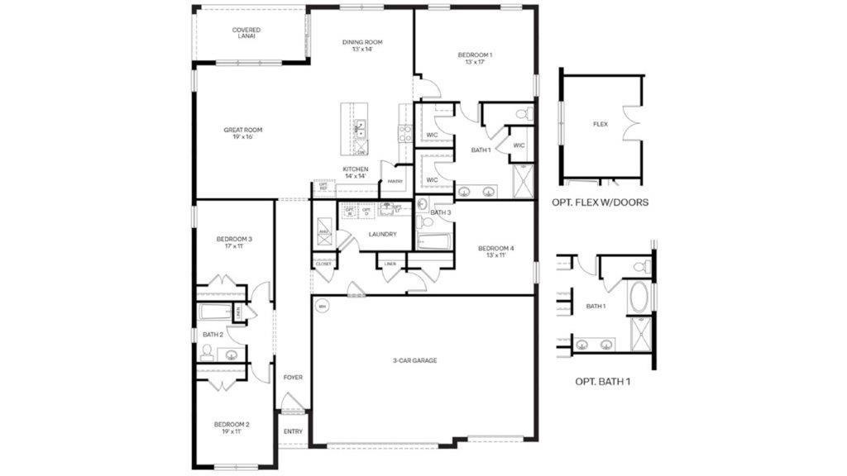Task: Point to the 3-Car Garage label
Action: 414,360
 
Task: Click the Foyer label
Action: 293,377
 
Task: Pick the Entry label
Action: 293,431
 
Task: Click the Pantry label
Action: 395,181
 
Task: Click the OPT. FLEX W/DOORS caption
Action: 600,202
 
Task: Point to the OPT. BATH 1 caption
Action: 607,382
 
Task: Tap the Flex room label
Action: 601,124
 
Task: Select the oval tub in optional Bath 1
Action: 639,298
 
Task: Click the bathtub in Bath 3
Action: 434,242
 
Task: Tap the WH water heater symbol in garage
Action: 322,307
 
